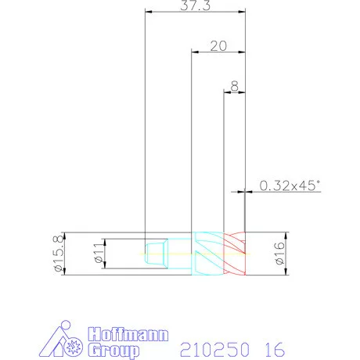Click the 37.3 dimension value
tap(195, 5)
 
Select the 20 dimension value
tap(218, 46)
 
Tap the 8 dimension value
tap(235, 86)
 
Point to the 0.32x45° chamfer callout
tap(290, 185)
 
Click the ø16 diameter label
tap(279, 254)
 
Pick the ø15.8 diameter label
tap(59, 254)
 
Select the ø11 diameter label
tap(99, 253)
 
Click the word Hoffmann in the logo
tap(128, 335)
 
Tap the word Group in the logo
tap(113, 351)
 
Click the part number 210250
tap(214, 350)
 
